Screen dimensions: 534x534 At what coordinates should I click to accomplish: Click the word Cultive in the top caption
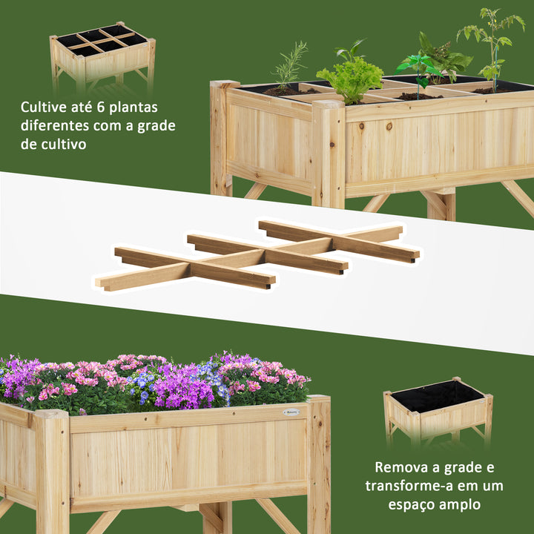tap(45, 107)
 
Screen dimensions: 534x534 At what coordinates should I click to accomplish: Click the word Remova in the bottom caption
tap(402, 467)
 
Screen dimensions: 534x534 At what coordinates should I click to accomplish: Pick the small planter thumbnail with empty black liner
tap(437, 408)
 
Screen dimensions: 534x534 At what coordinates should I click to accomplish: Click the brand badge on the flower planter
tap(291, 412)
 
